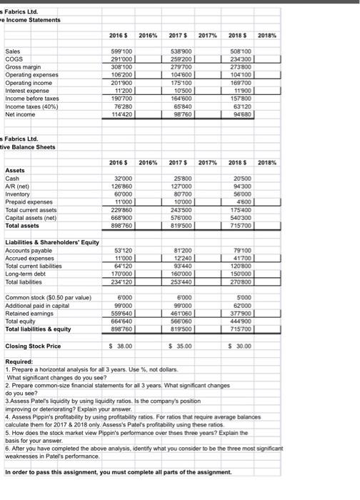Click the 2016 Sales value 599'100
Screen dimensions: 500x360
tap(121, 51)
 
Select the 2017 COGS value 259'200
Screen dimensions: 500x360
tap(181, 59)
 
